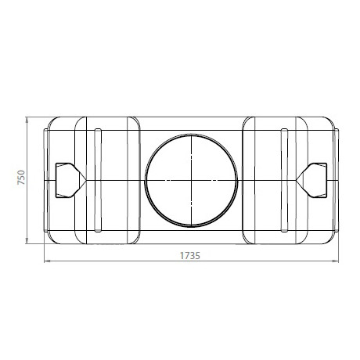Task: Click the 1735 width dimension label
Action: [x=190, y=255]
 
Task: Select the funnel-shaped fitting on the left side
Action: [x=66, y=179]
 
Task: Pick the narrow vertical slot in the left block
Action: [x=96, y=179]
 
